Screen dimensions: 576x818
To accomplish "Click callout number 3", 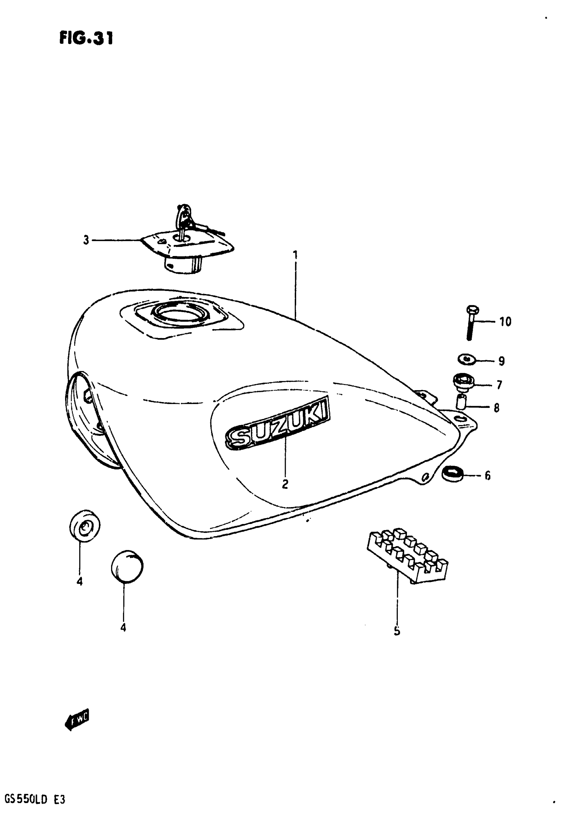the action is point(86,240).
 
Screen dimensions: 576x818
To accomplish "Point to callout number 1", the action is point(295,255).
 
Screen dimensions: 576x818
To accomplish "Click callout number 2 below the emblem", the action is point(285,484).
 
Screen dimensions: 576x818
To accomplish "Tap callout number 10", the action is point(505,322).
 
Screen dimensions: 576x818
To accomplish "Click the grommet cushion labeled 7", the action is point(464,382).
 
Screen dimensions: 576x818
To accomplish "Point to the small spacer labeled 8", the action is point(461,401).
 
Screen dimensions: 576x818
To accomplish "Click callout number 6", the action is point(487,476).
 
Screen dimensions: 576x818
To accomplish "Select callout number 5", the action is point(397,631).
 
